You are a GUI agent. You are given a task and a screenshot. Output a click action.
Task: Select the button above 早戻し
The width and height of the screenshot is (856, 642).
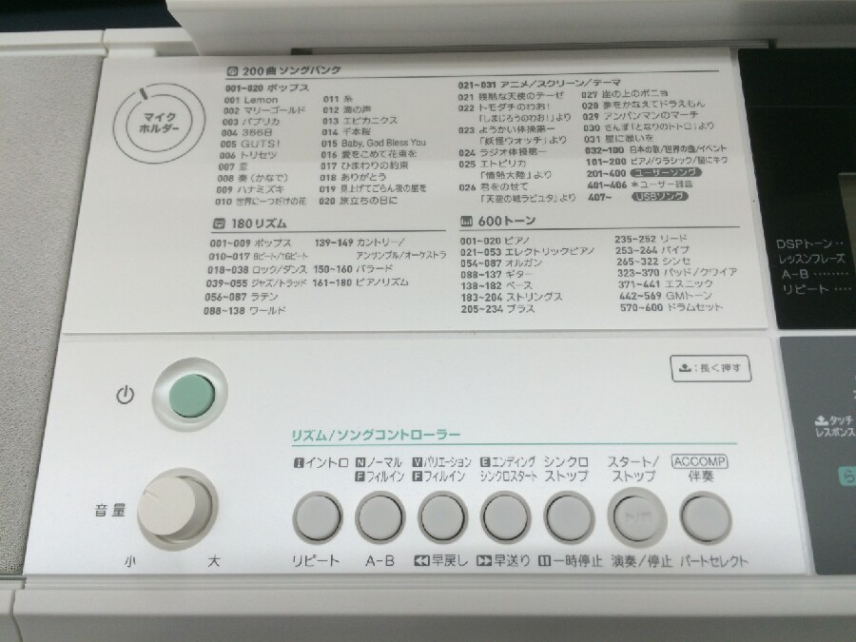pyautogui.click(x=440, y=519)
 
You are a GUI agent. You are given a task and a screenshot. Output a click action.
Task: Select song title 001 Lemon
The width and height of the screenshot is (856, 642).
pyautogui.click(x=251, y=100)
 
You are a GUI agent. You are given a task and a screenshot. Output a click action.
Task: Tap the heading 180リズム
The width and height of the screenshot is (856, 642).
pyautogui.click(x=252, y=224)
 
